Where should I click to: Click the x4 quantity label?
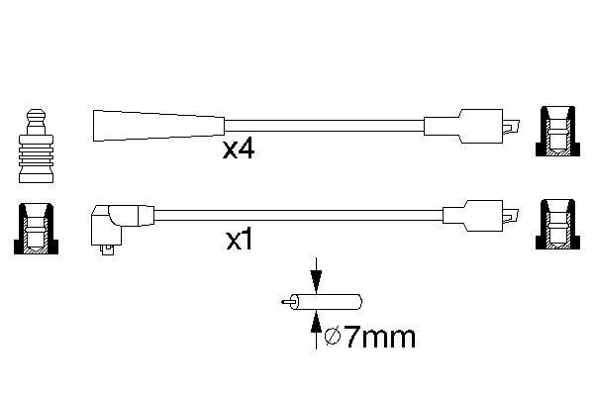pyautogui.click(x=239, y=149)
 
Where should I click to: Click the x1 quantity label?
pyautogui.click(x=239, y=240)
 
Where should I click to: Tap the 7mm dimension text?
pyautogui.click(x=380, y=338)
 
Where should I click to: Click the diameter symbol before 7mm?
pyautogui.click(x=333, y=337)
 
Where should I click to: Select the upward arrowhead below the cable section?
pyautogui.click(x=316, y=322)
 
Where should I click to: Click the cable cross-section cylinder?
pyautogui.click(x=326, y=302)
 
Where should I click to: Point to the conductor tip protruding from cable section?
pyautogui.click(x=286, y=302)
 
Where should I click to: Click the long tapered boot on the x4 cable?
pyautogui.click(x=158, y=126)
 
